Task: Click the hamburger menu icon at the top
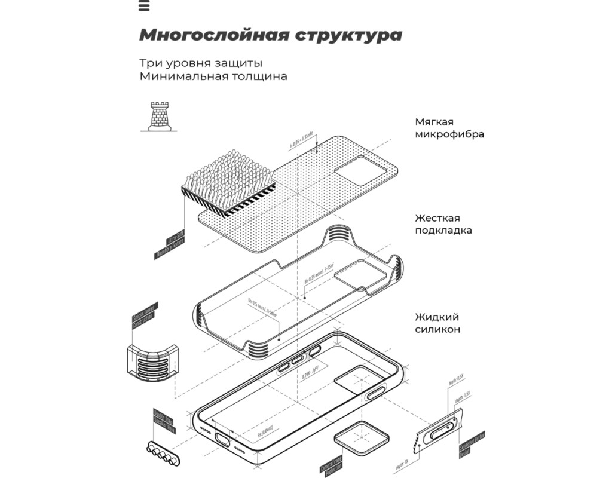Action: point(143,6)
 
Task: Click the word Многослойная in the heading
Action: point(213,35)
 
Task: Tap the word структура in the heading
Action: point(348,35)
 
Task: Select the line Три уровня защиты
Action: point(201,63)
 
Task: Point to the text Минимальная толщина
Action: point(213,76)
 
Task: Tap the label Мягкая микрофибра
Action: point(449,128)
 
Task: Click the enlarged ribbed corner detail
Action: point(152,363)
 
